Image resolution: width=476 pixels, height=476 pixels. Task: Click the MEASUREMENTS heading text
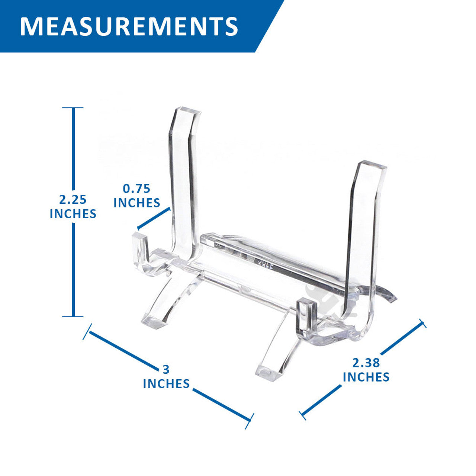(x=129, y=26)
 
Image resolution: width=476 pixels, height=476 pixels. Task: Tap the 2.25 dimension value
(x=73, y=200)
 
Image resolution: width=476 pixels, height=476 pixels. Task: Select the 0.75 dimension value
(x=136, y=189)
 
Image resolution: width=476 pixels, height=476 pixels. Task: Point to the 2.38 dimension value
(x=366, y=363)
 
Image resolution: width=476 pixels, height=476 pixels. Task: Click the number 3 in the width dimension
(x=166, y=370)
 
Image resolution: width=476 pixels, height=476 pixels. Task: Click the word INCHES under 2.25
(x=73, y=214)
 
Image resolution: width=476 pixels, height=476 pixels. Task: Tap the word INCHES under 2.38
(x=366, y=377)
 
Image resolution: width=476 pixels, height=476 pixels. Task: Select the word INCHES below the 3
(x=166, y=384)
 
